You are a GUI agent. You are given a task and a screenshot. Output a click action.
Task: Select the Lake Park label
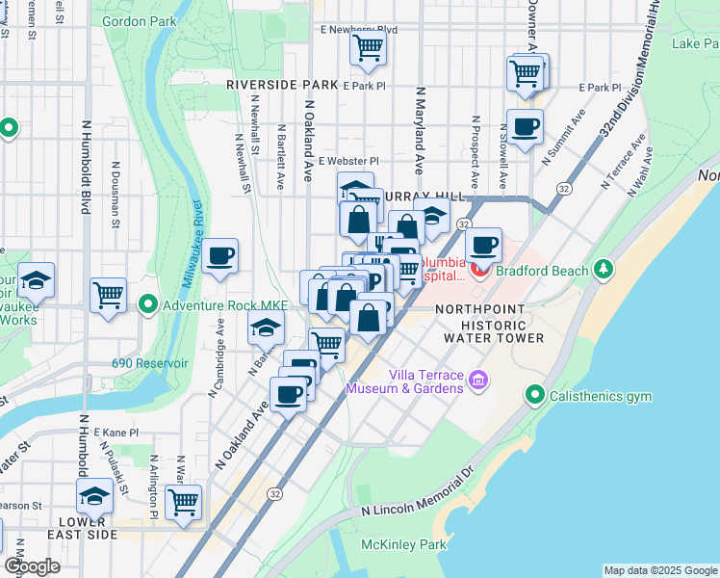click(x=695, y=43)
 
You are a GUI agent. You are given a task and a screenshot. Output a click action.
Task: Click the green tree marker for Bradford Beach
click(x=604, y=269)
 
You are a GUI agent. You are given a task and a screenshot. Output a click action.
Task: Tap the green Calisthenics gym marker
click(x=534, y=395)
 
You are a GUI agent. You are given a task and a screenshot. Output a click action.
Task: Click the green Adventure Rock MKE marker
click(x=147, y=306)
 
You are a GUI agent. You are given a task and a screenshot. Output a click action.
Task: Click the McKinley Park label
click(x=403, y=544)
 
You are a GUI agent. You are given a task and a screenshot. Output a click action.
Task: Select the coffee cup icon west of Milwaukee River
click(x=220, y=256)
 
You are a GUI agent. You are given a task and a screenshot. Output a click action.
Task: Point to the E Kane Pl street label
click(x=116, y=433)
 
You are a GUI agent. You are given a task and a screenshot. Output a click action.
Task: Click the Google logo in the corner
click(x=32, y=566)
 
